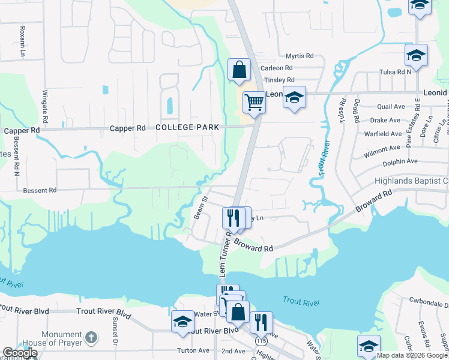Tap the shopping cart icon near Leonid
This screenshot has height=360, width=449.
click(x=254, y=102)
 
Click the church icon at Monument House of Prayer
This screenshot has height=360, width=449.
click(x=91, y=337)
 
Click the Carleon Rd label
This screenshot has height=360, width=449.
click(x=276, y=68)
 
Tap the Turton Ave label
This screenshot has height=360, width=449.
click(x=193, y=350)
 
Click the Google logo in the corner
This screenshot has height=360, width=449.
click(x=19, y=353)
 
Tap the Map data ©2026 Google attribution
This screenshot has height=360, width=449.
click(x=412, y=355)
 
